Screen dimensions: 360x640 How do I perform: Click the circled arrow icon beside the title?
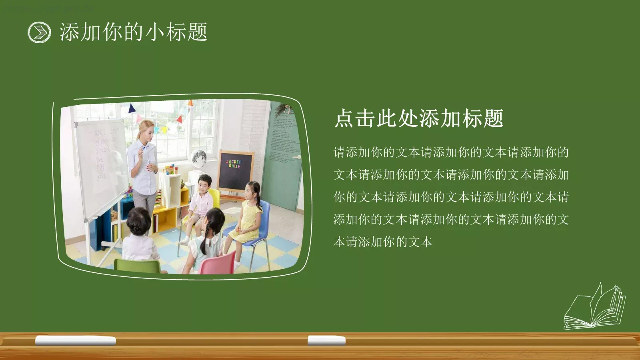coord(39,32)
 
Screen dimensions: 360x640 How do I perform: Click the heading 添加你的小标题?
coord(133,32)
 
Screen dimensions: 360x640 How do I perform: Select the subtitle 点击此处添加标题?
coord(418,118)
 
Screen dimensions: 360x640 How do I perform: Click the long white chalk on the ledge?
coord(76,341)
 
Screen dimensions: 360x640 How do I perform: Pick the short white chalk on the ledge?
coord(326,340)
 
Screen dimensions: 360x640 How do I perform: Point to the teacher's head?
coord(146,129)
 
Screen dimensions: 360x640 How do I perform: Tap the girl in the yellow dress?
coord(249,212)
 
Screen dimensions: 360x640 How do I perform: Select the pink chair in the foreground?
coord(217,264)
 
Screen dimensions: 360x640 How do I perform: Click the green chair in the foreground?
coord(137,266)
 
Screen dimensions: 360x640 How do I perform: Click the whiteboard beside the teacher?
coord(100,168)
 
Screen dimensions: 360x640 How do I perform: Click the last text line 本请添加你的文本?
coord(383,242)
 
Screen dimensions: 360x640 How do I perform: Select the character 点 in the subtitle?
coord(344,118)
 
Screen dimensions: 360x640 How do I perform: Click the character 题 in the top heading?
coord(197,32)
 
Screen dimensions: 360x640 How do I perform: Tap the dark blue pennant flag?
coord(132,108)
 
